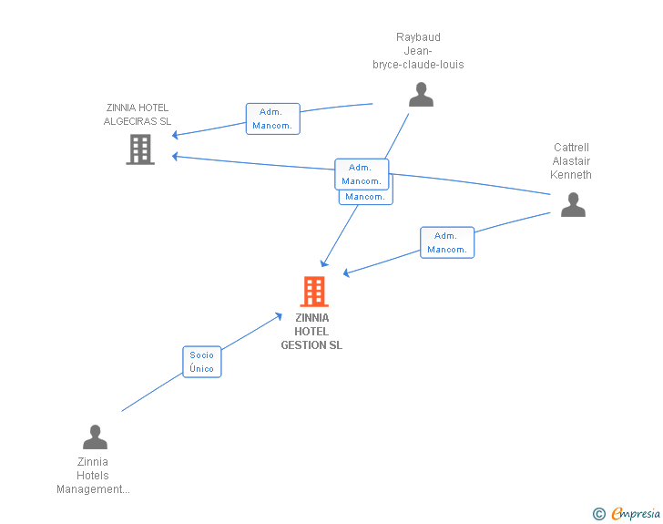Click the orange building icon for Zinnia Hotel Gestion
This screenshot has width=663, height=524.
(314, 292)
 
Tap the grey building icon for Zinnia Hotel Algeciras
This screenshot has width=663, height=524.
(140, 149)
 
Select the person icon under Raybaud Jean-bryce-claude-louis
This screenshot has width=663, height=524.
(421, 95)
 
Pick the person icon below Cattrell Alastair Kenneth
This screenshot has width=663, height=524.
(573, 205)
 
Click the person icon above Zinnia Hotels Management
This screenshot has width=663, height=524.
(95, 437)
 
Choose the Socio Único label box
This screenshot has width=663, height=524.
(201, 362)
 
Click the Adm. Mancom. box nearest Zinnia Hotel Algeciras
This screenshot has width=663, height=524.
(272, 118)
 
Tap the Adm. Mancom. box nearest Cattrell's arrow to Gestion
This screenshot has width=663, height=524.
(447, 242)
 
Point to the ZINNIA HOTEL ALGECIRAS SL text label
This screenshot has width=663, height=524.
(138, 114)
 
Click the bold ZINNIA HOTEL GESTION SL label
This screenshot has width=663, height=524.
(311, 332)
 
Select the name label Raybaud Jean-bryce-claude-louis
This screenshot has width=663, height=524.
(418, 51)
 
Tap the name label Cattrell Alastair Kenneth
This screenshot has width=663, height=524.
(572, 161)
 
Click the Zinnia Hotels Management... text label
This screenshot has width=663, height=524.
(93, 476)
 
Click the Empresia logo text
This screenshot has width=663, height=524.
(636, 514)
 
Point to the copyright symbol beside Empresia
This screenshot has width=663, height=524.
(599, 514)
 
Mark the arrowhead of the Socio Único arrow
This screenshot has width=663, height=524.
(280, 315)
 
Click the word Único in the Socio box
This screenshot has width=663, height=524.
(201, 369)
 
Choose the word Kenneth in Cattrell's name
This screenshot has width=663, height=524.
(572, 175)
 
